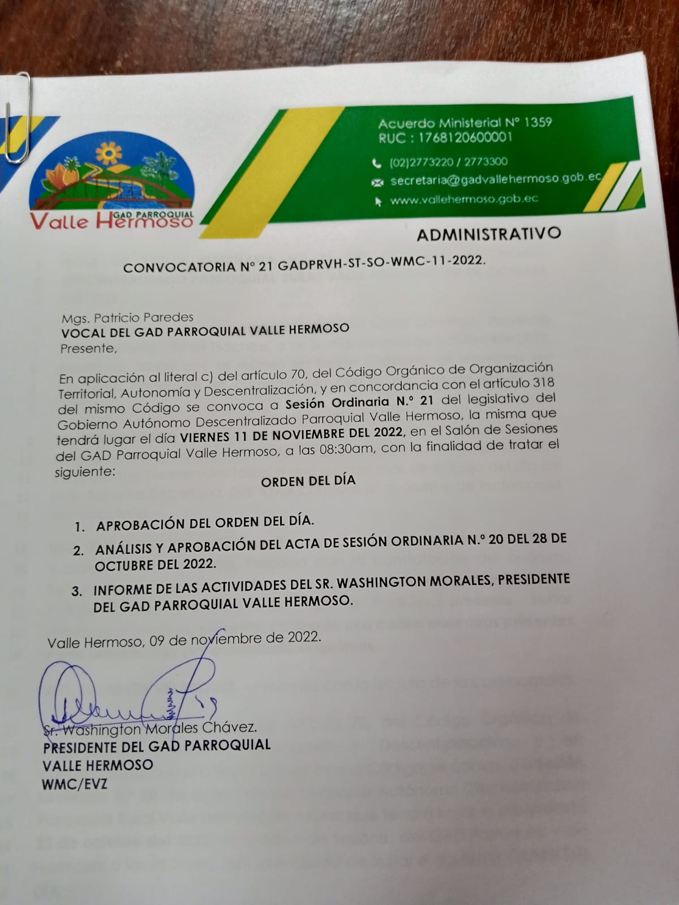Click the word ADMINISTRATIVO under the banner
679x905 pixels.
488,234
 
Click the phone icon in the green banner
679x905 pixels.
377,164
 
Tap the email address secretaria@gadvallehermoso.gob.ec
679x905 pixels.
495,179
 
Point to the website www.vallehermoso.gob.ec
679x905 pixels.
464,199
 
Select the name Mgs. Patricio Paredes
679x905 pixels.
127,317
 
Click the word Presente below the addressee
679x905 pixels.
88,349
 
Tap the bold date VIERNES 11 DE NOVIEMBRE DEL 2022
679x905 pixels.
291,435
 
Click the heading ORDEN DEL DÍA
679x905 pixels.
308,481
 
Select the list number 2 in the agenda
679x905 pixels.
78,550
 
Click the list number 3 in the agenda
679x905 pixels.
77,591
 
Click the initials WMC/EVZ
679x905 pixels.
74,784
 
